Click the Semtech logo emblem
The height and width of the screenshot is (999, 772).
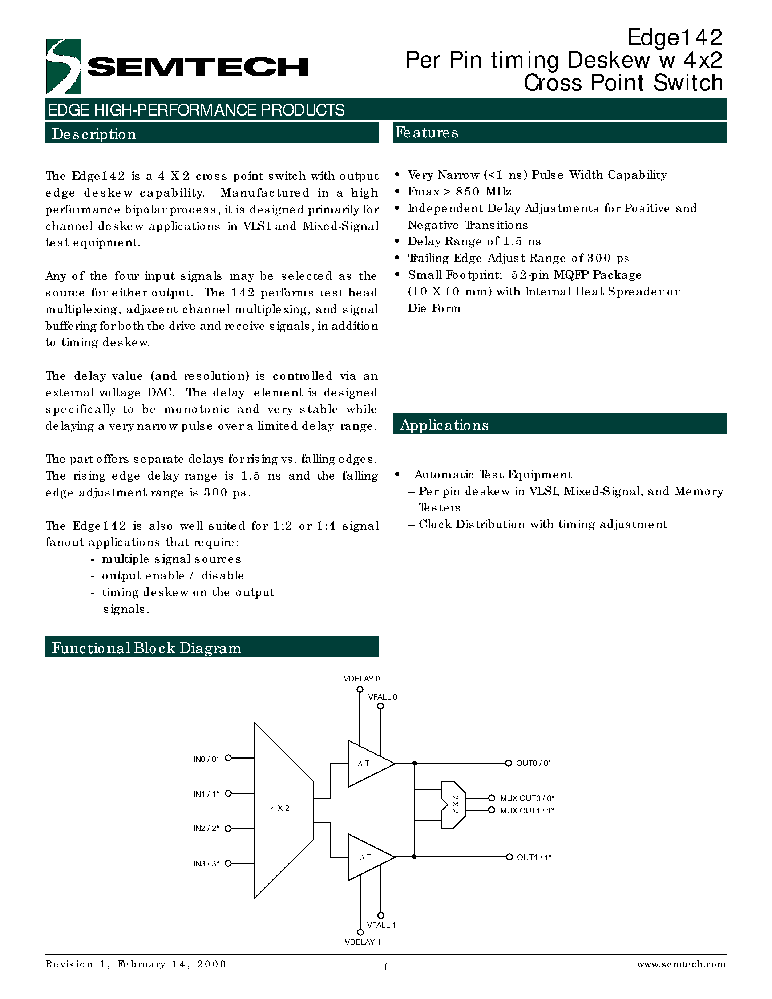(x=64, y=66)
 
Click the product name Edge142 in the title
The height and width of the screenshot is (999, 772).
(x=674, y=37)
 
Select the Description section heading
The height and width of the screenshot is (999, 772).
(x=94, y=134)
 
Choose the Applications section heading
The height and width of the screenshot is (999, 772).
(x=444, y=425)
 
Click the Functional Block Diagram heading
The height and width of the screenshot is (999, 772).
(x=146, y=648)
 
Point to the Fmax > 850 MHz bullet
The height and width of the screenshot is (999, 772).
(x=459, y=192)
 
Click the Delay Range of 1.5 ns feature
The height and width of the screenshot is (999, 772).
(x=474, y=242)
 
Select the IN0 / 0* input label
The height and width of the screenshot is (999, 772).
(x=206, y=759)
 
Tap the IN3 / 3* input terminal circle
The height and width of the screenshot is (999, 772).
(x=228, y=863)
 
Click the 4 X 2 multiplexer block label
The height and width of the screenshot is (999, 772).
(x=280, y=808)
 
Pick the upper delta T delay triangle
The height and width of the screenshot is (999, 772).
(x=368, y=764)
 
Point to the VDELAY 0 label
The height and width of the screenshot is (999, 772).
(x=361, y=679)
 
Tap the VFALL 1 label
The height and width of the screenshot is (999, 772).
(x=381, y=925)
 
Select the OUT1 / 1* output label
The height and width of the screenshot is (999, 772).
(x=534, y=857)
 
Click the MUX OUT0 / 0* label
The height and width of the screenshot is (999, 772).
(x=527, y=798)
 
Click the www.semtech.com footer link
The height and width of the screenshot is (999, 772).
(x=680, y=964)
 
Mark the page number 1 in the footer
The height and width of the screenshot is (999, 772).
(x=385, y=967)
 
